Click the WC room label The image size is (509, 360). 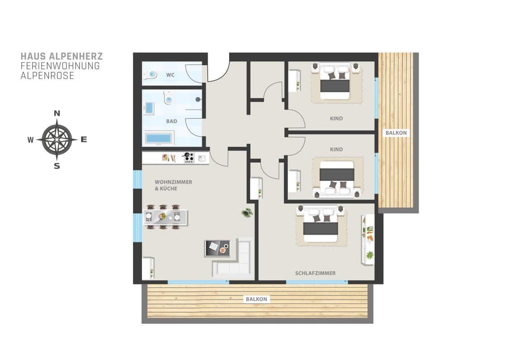(x=170, y=75)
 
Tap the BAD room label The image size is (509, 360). (x=172, y=121)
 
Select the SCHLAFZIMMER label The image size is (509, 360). (x=315, y=273)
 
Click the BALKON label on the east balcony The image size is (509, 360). (x=396, y=133)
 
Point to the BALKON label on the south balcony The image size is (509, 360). (x=257, y=299)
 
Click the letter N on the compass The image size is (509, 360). (x=57, y=113)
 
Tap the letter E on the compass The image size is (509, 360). (x=84, y=139)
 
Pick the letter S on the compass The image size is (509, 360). (x=57, y=166)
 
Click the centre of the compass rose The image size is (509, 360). (x=57, y=139)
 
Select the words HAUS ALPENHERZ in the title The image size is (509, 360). (x=62, y=56)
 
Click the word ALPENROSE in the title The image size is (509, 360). (x=47, y=76)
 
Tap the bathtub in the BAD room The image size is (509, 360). (x=158, y=138)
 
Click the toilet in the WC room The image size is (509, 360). (x=150, y=75)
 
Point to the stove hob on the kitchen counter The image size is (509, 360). (x=189, y=157)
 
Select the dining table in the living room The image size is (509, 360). (x=165, y=216)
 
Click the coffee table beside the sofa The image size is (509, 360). (x=217, y=248)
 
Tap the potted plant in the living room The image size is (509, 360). (x=247, y=213)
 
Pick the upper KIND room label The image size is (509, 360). (x=336, y=118)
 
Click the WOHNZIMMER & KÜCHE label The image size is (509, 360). (x=173, y=185)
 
